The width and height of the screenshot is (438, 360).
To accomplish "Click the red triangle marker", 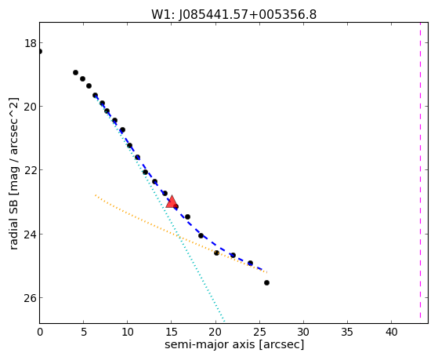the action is [x=172, y=202].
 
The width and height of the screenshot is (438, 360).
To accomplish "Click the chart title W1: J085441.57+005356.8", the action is [x=233, y=15].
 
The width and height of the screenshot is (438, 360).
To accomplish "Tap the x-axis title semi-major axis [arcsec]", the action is [x=234, y=344].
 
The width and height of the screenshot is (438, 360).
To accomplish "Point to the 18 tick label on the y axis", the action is [x=29, y=43].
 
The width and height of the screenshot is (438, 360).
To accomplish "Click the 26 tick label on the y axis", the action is [x=29, y=297].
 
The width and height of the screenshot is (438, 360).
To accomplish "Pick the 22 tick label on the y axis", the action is [x=29, y=170].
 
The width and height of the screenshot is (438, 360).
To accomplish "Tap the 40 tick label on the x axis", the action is [x=391, y=332].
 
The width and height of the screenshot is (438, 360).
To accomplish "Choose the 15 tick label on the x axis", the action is [x=172, y=332].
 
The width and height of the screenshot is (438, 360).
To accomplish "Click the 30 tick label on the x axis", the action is [x=303, y=332].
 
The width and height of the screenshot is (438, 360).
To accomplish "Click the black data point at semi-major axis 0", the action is [x=40, y=51].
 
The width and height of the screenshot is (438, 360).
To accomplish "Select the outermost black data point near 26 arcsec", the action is [x=266, y=283].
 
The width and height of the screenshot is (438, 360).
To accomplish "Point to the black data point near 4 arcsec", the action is [x=75, y=72].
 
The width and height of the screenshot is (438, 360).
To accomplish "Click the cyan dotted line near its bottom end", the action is [x=223, y=319].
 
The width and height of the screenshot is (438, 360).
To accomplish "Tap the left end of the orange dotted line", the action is [x=96, y=195].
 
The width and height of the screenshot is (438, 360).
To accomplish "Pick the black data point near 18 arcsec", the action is [x=201, y=236].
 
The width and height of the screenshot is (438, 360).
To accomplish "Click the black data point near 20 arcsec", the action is [x=216, y=253].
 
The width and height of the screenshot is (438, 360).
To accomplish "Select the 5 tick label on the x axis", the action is [x=84, y=332].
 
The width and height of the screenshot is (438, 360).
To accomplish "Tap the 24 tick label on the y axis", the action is [x=29, y=234].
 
